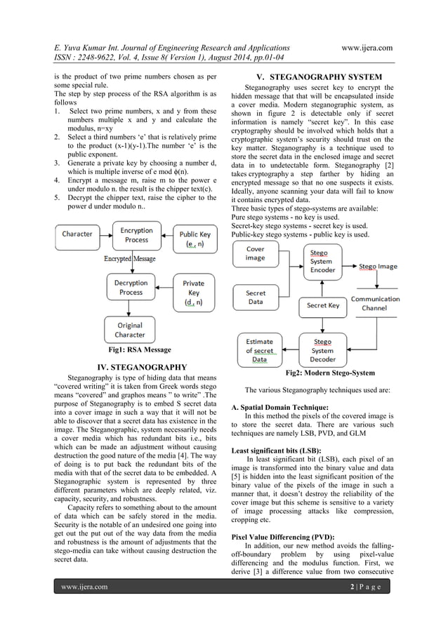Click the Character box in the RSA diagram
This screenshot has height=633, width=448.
click(81, 234)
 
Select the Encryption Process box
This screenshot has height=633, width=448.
click(136, 235)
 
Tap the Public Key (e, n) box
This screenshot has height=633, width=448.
click(190, 239)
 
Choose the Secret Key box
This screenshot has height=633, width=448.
click(323, 305)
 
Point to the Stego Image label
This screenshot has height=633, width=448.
click(378, 267)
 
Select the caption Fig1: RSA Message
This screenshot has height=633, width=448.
click(135, 349)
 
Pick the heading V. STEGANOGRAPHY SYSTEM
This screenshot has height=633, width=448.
click(321, 76)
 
